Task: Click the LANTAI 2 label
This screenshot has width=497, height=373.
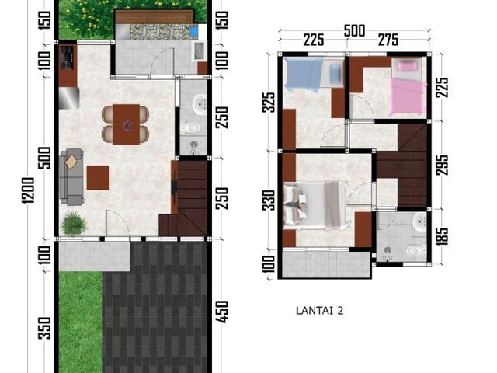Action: pyautogui.click(x=319, y=311)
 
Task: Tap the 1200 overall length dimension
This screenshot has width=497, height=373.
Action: pyautogui.click(x=28, y=190)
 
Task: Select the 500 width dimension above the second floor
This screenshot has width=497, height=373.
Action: pyautogui.click(x=354, y=31)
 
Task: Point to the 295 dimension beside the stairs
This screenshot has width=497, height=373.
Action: pyautogui.click(x=442, y=165)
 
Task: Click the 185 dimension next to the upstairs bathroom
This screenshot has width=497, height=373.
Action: pyautogui.click(x=442, y=236)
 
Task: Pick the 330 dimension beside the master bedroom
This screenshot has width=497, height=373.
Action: pyautogui.click(x=269, y=200)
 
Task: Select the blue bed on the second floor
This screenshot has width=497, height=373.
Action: pyautogui.click(x=304, y=74)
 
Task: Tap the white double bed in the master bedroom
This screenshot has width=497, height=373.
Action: pyautogui.click(x=314, y=205)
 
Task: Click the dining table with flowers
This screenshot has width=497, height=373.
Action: pyautogui.click(x=126, y=124)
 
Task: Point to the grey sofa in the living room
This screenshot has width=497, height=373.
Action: pyautogui.click(x=72, y=176)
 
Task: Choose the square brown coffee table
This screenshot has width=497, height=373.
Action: pyautogui.click(x=99, y=178)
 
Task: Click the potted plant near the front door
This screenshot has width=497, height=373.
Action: pyautogui.click(x=74, y=224)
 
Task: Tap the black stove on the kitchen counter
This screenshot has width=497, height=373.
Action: pyautogui.click(x=68, y=58)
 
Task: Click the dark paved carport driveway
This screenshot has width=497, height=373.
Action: pyautogui.click(x=155, y=306)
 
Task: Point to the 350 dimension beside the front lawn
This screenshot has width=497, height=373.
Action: pyautogui.click(x=44, y=328)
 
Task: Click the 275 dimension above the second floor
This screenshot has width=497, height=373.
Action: pyautogui.click(x=388, y=40)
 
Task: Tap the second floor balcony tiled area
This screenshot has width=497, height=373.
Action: pyautogui.click(x=326, y=264)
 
